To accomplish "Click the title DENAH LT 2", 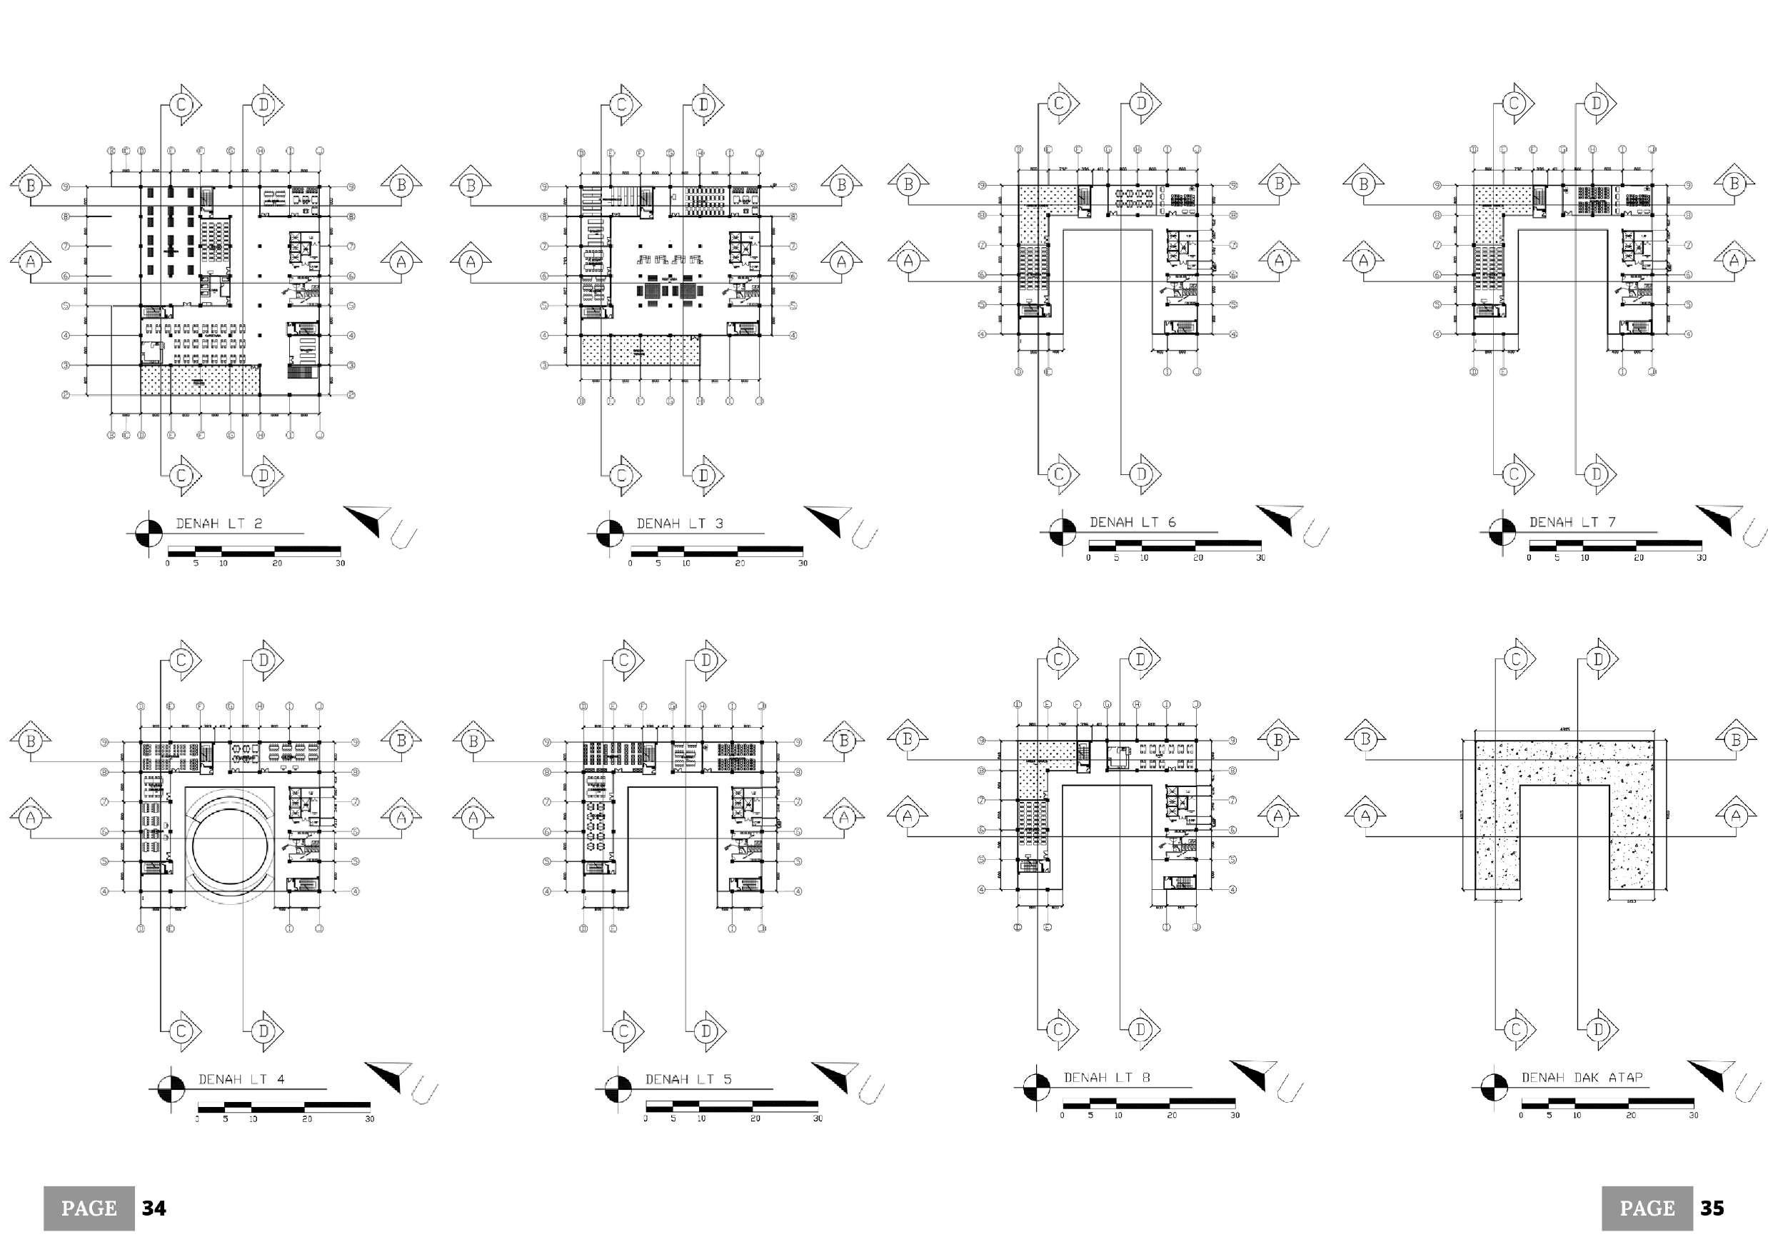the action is (x=219, y=524).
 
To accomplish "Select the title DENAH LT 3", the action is (x=679, y=524).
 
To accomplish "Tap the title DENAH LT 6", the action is (x=1132, y=522).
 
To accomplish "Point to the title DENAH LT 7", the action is (x=1572, y=522).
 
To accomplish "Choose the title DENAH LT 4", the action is (x=241, y=1079).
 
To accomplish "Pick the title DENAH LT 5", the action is (x=688, y=1079).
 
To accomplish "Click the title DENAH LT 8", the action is (x=1107, y=1077).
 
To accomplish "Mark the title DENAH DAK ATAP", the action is (x=1582, y=1077).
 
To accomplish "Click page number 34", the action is (x=154, y=1208).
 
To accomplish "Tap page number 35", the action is (x=1712, y=1208).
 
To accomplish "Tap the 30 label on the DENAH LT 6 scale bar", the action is (x=1261, y=557).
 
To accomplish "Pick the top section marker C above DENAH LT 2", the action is (x=182, y=104).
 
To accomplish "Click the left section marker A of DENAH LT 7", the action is (x=1364, y=261).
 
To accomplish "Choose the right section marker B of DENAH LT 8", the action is (x=1278, y=740).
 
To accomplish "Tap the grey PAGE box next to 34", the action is (x=89, y=1208).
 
